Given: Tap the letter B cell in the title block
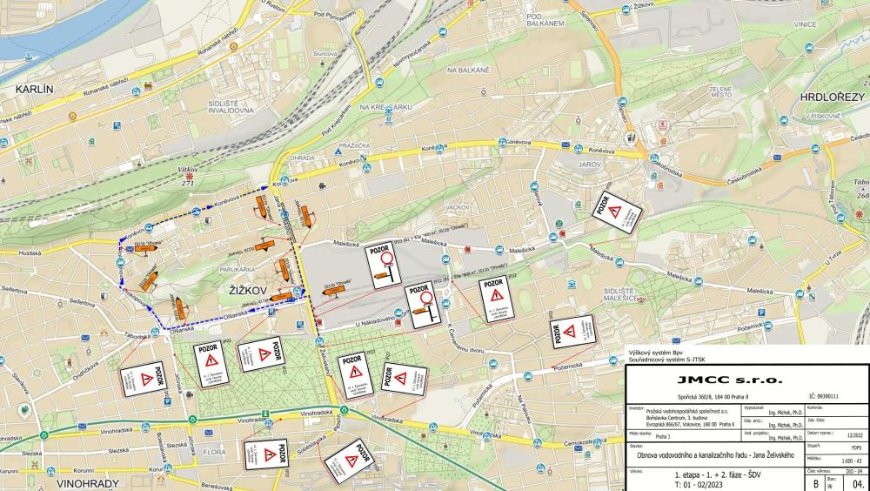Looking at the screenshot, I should (x=814, y=481).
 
